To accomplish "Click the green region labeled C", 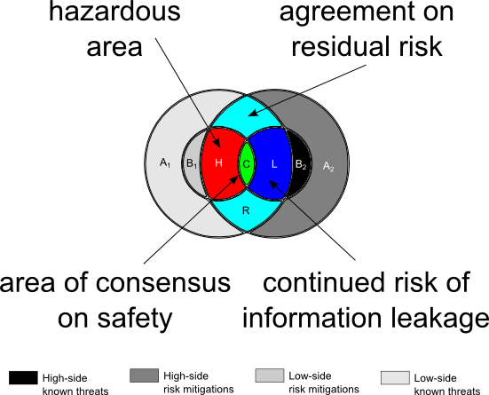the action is pos(247,163).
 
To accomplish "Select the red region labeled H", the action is pos(220,163).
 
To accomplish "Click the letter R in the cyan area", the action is pos(246,210).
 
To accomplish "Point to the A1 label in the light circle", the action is pos(165,162).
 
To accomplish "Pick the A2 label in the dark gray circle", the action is pos(328,166).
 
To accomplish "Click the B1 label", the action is pos(192,163).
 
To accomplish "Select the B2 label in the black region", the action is pos(301,164).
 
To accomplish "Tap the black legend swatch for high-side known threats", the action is pos(23,377).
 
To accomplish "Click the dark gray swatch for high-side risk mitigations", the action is pos(144,375).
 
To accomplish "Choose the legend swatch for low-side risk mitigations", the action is pos(270,375).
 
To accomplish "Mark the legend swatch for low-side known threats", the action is pos(395,377).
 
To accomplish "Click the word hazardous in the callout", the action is pos(114,12).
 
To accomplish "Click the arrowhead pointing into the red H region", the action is pos(217,143).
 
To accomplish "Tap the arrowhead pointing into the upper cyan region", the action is pos(253,113).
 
